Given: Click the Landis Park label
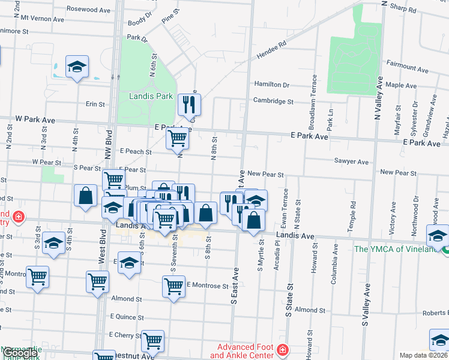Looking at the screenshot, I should pyautogui.click(x=151, y=96).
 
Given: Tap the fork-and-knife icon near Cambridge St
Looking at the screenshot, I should pyautogui.click(x=190, y=104).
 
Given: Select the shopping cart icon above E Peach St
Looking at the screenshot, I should pyautogui.click(x=178, y=138).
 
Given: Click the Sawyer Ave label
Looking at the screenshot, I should pyautogui.click(x=351, y=162).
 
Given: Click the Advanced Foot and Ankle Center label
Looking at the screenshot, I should pyautogui.click(x=244, y=351).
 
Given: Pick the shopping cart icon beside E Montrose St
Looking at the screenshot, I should pyautogui.click(x=173, y=287).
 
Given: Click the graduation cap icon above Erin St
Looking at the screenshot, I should pyautogui.click(x=77, y=68).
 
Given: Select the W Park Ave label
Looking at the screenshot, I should pyautogui.click(x=35, y=120).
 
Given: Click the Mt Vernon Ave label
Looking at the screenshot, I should pyautogui.click(x=42, y=19).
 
